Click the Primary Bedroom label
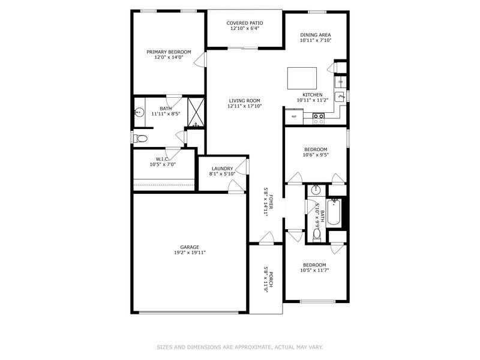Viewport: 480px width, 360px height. click(169, 52)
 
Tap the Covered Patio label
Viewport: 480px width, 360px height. click(245, 23)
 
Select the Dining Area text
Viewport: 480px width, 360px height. click(316, 35)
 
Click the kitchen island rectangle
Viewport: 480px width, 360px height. click(302, 78)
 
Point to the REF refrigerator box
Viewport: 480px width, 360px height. click(294, 116)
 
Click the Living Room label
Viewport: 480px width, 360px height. click(244, 100)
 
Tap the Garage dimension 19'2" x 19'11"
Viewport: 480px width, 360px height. click(190, 253)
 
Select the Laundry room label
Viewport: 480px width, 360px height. click(222, 169)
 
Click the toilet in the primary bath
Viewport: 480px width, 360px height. click(141, 139)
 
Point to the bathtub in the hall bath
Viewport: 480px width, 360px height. click(334, 212)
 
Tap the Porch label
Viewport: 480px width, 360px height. click(271, 279)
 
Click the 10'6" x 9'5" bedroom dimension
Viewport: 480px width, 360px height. click(316, 155)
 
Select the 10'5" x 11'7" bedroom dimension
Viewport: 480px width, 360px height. click(314, 271)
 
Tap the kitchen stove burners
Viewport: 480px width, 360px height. click(319, 118)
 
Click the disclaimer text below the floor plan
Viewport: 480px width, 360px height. click(240, 347)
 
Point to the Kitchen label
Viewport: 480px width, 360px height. click(313, 95)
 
